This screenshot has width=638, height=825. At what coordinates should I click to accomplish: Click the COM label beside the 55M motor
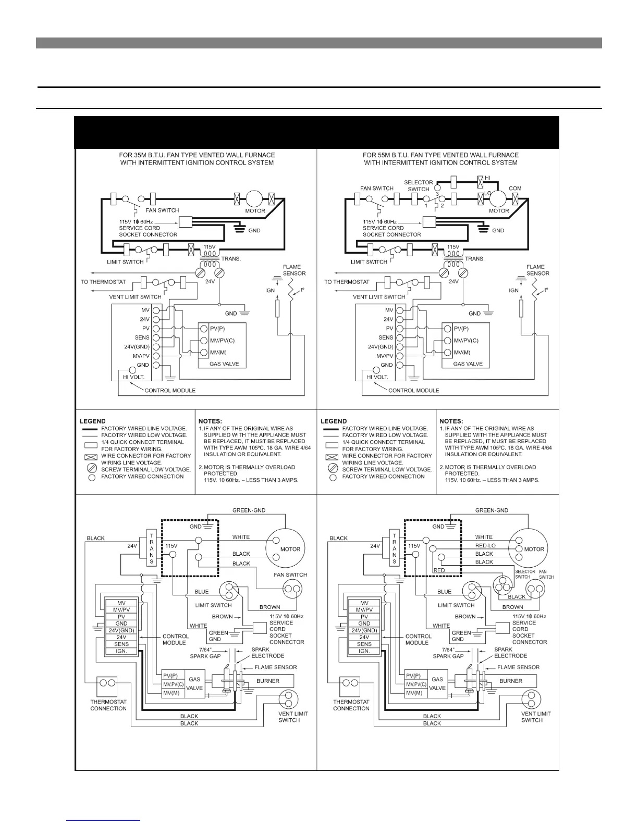point(515,189)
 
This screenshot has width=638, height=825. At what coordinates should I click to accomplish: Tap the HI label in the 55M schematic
point(487,178)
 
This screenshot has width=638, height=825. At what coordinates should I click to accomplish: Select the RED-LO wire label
point(485,545)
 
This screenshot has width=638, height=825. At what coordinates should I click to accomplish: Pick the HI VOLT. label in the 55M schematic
point(377,377)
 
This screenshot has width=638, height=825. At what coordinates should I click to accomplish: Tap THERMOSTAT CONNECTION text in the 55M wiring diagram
point(351,705)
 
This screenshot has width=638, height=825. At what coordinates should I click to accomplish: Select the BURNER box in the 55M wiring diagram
point(511,681)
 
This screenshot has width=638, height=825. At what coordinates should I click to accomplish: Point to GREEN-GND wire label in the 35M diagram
point(249,510)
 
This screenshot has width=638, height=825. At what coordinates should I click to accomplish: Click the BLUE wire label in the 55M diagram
point(444,592)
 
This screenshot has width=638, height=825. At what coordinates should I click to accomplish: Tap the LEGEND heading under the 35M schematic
point(92,421)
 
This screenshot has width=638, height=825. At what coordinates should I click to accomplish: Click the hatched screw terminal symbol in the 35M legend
point(92,468)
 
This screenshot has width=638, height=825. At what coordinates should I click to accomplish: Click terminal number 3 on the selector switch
point(437,194)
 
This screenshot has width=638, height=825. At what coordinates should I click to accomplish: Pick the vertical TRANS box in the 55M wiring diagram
point(395,549)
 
